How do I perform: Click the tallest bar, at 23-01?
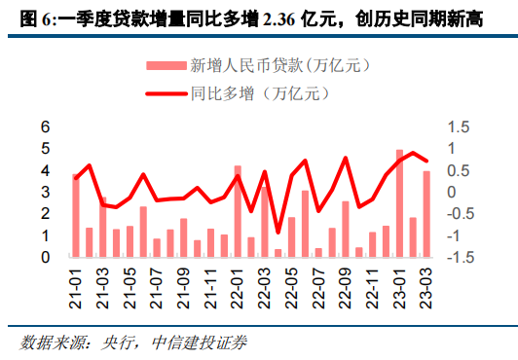pyautogui.click(x=399, y=203)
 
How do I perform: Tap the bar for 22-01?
pyautogui.click(x=238, y=211)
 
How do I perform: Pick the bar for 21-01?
pyautogui.click(x=76, y=216)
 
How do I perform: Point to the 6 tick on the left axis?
pyautogui.click(x=45, y=127)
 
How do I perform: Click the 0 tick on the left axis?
pyautogui.click(x=45, y=258)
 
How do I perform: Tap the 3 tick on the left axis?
pyautogui.click(x=45, y=193)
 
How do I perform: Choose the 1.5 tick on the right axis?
pyautogui.click(x=458, y=127)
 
